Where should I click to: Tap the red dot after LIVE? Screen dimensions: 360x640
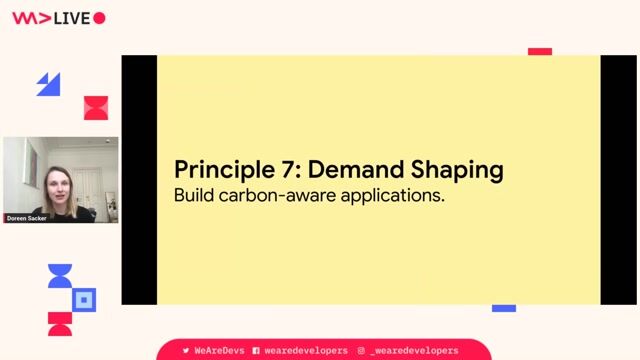(x=99, y=18)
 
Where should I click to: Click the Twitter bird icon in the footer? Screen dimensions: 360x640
(x=186, y=351)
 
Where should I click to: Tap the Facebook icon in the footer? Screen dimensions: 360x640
(x=256, y=351)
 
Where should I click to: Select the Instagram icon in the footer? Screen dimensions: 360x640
(x=361, y=351)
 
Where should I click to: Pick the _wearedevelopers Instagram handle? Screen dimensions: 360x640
(x=414, y=351)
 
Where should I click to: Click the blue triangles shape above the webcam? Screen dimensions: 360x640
(x=48, y=85)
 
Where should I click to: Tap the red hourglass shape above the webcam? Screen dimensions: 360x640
(x=96, y=108)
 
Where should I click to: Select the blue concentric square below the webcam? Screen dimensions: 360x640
(x=85, y=299)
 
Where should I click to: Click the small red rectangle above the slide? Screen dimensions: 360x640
(x=540, y=51)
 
